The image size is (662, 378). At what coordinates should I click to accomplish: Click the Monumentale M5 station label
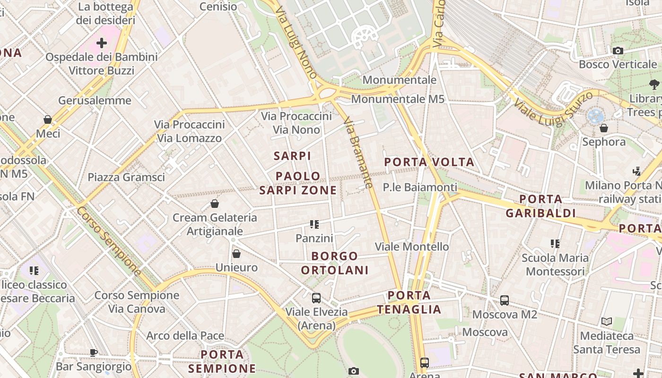[398, 99]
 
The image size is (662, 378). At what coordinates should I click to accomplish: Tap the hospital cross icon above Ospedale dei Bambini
[102, 43]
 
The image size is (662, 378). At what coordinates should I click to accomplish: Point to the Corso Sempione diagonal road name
[109, 241]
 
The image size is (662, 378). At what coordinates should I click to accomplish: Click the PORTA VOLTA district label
[429, 162]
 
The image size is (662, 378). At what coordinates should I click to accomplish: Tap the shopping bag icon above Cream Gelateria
[215, 204]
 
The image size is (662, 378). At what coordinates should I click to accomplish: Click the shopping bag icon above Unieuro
[236, 254]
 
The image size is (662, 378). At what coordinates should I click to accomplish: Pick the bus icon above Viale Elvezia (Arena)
[316, 298]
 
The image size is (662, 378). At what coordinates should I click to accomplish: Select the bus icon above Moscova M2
[505, 301]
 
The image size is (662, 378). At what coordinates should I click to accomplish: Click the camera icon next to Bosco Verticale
[618, 51]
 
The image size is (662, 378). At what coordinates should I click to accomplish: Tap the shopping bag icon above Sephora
[604, 128]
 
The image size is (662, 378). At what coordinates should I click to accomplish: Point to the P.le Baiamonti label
[420, 188]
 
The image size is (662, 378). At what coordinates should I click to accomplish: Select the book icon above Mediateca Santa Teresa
[607, 322]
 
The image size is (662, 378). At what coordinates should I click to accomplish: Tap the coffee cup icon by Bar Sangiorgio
[94, 352]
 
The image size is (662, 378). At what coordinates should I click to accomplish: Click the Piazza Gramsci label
[126, 177]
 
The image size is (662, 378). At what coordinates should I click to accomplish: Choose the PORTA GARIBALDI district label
[540, 206]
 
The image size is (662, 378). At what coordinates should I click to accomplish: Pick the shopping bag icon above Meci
[48, 120]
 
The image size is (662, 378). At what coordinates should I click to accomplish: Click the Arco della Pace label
[185, 336]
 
